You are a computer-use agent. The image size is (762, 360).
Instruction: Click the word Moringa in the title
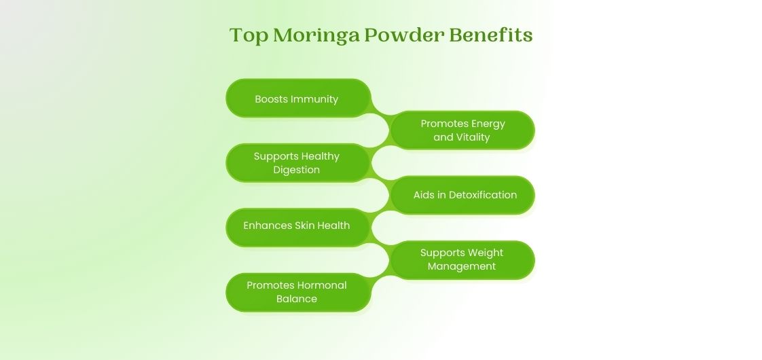click(316, 36)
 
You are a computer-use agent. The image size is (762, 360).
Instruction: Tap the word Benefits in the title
click(491, 35)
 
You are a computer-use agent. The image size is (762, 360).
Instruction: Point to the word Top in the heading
click(249, 36)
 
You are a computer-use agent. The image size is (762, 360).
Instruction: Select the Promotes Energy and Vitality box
click(462, 130)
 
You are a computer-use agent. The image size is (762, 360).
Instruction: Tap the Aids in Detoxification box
click(462, 195)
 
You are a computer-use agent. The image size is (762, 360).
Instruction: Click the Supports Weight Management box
click(462, 259)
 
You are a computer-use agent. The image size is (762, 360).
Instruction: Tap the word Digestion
click(297, 170)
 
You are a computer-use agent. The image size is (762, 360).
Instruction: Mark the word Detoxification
click(483, 195)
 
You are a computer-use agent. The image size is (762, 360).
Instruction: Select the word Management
click(462, 266)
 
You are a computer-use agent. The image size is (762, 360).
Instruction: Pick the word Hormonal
click(322, 285)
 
